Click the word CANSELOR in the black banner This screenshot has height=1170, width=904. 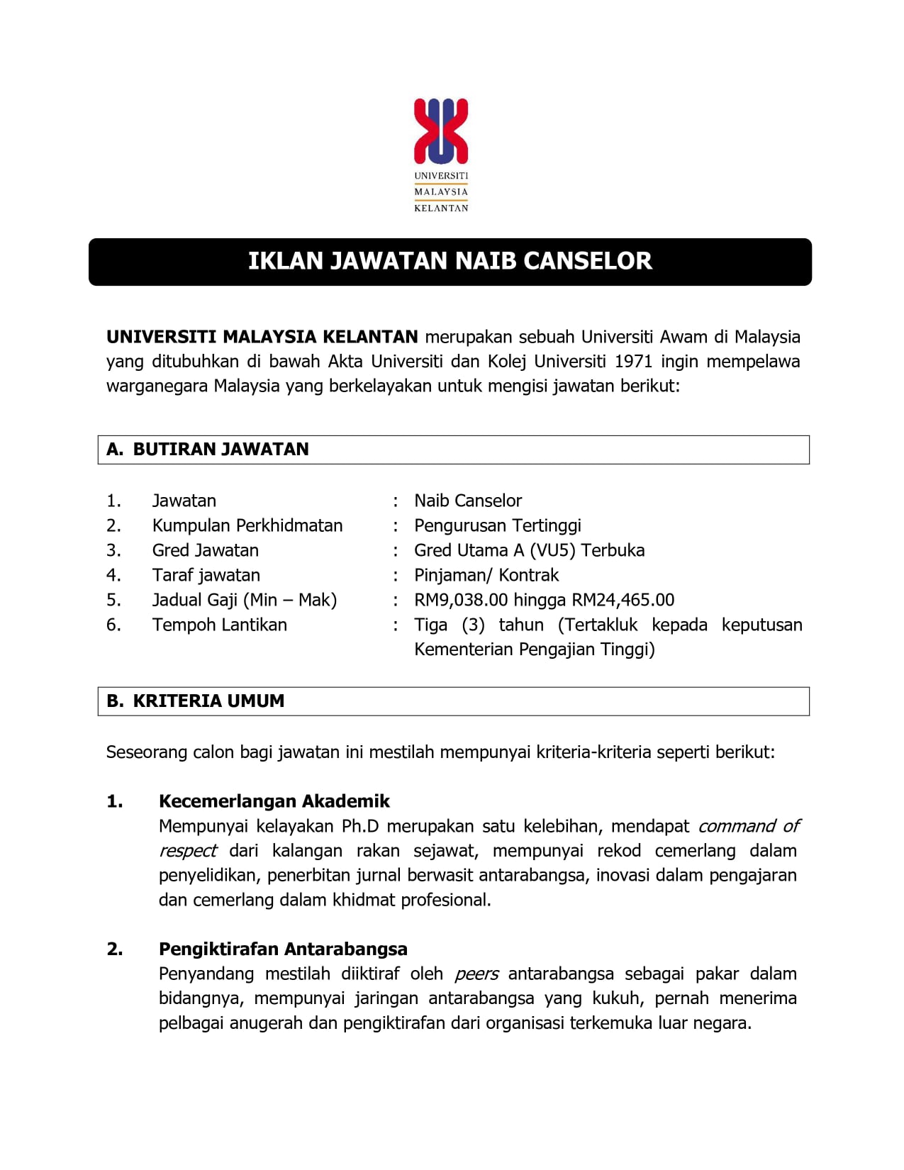(x=587, y=261)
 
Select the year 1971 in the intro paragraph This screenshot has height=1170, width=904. (x=633, y=362)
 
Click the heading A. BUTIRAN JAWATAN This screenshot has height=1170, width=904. (x=208, y=450)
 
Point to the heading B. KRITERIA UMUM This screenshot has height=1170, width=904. (x=196, y=701)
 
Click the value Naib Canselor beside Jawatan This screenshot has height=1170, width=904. (x=468, y=501)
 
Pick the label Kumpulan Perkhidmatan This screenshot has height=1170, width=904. (x=247, y=526)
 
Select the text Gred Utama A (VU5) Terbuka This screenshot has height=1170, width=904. (x=530, y=551)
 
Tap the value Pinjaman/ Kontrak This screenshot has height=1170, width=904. (x=486, y=575)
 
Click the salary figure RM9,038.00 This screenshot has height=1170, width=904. (x=461, y=600)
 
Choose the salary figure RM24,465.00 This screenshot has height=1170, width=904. (x=623, y=600)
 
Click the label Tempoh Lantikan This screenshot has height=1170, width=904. (x=220, y=625)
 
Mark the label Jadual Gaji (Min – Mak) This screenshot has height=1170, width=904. (x=245, y=601)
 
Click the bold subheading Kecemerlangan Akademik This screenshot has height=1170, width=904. (x=274, y=801)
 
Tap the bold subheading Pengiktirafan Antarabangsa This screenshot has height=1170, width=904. (x=283, y=949)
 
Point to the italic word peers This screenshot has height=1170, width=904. (x=476, y=974)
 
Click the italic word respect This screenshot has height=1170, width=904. (x=188, y=851)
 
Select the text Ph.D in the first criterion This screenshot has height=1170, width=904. (x=360, y=827)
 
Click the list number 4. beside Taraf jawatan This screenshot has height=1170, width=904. (x=113, y=576)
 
